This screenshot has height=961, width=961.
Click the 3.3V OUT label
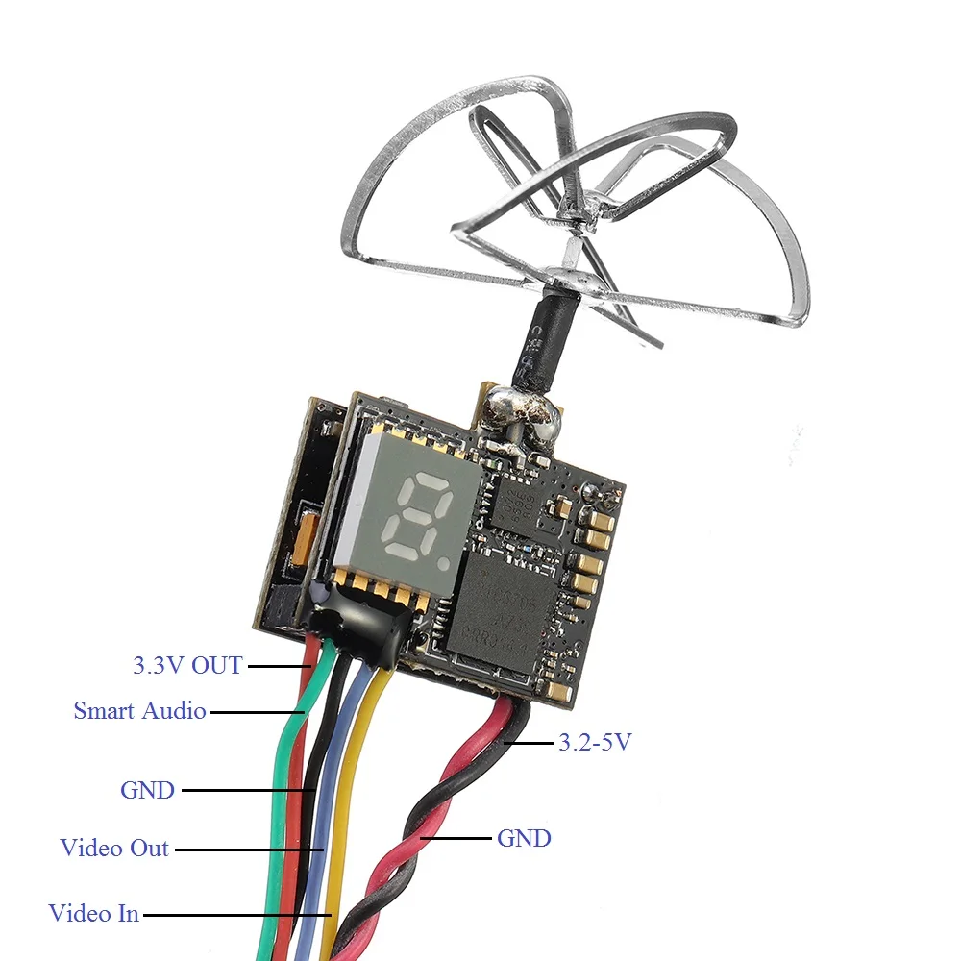pyautogui.click(x=187, y=664)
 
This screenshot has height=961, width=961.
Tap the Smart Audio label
pyautogui.click(x=140, y=711)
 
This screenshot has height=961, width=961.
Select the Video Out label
pyautogui.click(x=114, y=848)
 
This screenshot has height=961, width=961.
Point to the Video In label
pyautogui.click(x=94, y=913)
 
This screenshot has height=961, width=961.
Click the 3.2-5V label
pyautogui.click(x=595, y=741)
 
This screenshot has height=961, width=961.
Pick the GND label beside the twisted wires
pyautogui.click(x=524, y=838)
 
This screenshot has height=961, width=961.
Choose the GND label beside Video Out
pyautogui.click(x=148, y=790)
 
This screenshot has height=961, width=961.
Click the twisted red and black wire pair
pyautogui.click(x=413, y=836)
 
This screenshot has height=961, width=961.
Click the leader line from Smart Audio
pyautogui.click(x=255, y=712)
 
